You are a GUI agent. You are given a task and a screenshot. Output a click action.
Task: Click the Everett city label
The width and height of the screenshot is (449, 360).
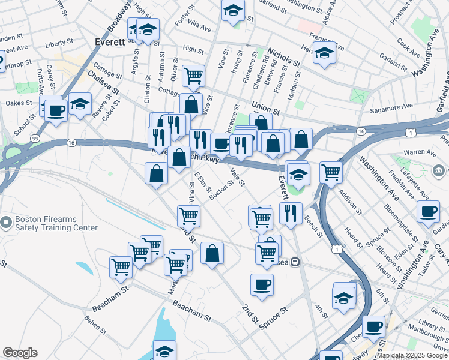click(110, 42)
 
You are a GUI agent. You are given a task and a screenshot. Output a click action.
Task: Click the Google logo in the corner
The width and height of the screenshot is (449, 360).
click(20, 353)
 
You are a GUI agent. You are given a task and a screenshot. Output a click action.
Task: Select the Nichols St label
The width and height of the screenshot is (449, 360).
click(284, 58)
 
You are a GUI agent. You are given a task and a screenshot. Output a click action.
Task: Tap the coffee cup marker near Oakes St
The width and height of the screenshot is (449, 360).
click(56, 110)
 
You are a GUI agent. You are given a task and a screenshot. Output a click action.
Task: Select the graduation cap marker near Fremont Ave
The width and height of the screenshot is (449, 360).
click(324, 53)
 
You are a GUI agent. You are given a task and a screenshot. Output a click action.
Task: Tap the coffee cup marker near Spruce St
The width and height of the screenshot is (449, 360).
click(262, 284)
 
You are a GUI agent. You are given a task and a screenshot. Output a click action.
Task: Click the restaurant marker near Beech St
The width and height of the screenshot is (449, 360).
click(291, 212)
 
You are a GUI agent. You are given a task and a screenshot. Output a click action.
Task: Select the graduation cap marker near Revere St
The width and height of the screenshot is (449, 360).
click(80, 104)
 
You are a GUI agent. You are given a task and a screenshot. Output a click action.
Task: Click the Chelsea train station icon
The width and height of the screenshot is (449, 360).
click(295, 262)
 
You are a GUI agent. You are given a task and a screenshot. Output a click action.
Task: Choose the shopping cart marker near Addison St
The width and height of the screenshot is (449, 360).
click(331, 172)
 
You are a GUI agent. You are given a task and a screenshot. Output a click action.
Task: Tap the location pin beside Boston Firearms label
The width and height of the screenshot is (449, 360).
click(6, 223)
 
